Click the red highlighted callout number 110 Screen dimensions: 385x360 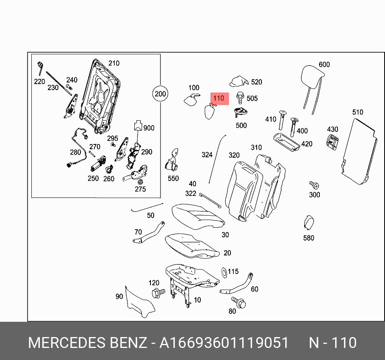click(x=218, y=98)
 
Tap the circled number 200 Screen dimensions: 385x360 click(x=160, y=95)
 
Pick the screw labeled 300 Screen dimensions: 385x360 click(x=314, y=185)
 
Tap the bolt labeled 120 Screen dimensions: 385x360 click(x=157, y=293)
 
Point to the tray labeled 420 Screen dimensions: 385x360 click(x=286, y=142)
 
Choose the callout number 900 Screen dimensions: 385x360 click(x=149, y=128)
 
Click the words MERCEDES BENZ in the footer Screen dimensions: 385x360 click(x=87, y=343)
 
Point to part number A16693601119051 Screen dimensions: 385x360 click(x=224, y=343)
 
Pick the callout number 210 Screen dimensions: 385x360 click(x=114, y=63)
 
